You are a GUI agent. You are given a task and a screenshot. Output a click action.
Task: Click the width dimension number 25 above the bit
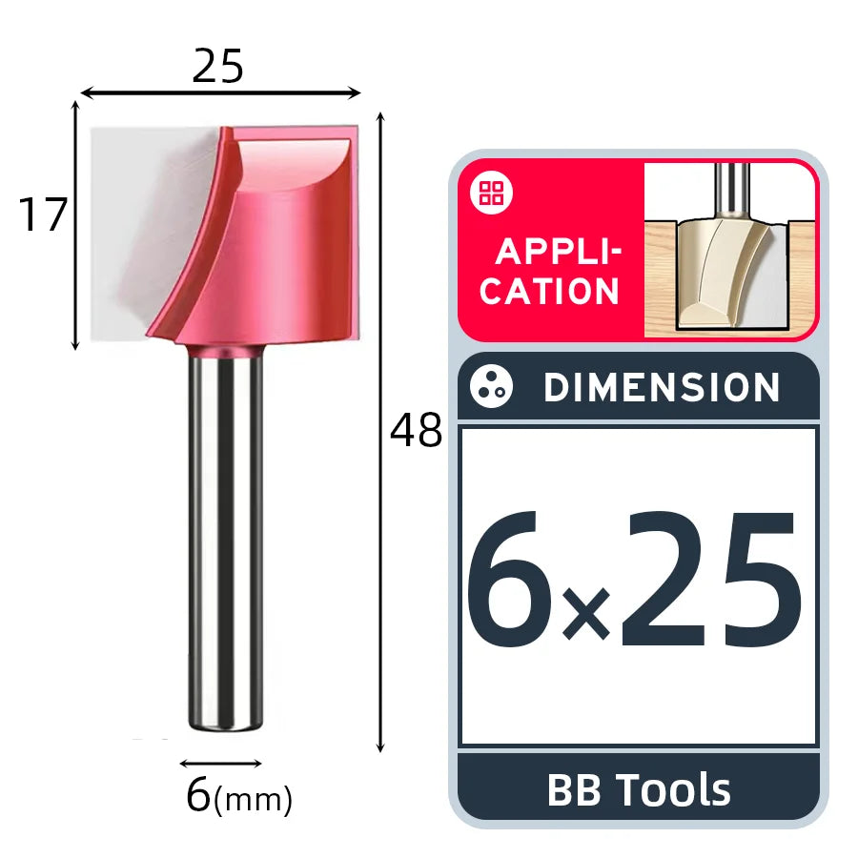coord(217,66)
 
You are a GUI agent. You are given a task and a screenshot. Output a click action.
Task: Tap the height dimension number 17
coord(43,214)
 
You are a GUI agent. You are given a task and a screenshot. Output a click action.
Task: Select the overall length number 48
coord(416,430)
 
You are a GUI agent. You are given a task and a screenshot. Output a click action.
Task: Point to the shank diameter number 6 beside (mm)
coord(198,795)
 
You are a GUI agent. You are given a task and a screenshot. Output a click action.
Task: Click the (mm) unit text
coord(253,800)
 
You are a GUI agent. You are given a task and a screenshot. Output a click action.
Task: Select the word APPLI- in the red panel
coord(559,253)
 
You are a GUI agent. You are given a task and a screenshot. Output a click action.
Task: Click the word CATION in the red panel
coord(549,291)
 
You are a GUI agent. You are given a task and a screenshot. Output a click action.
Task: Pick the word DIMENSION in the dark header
coord(662,387)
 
